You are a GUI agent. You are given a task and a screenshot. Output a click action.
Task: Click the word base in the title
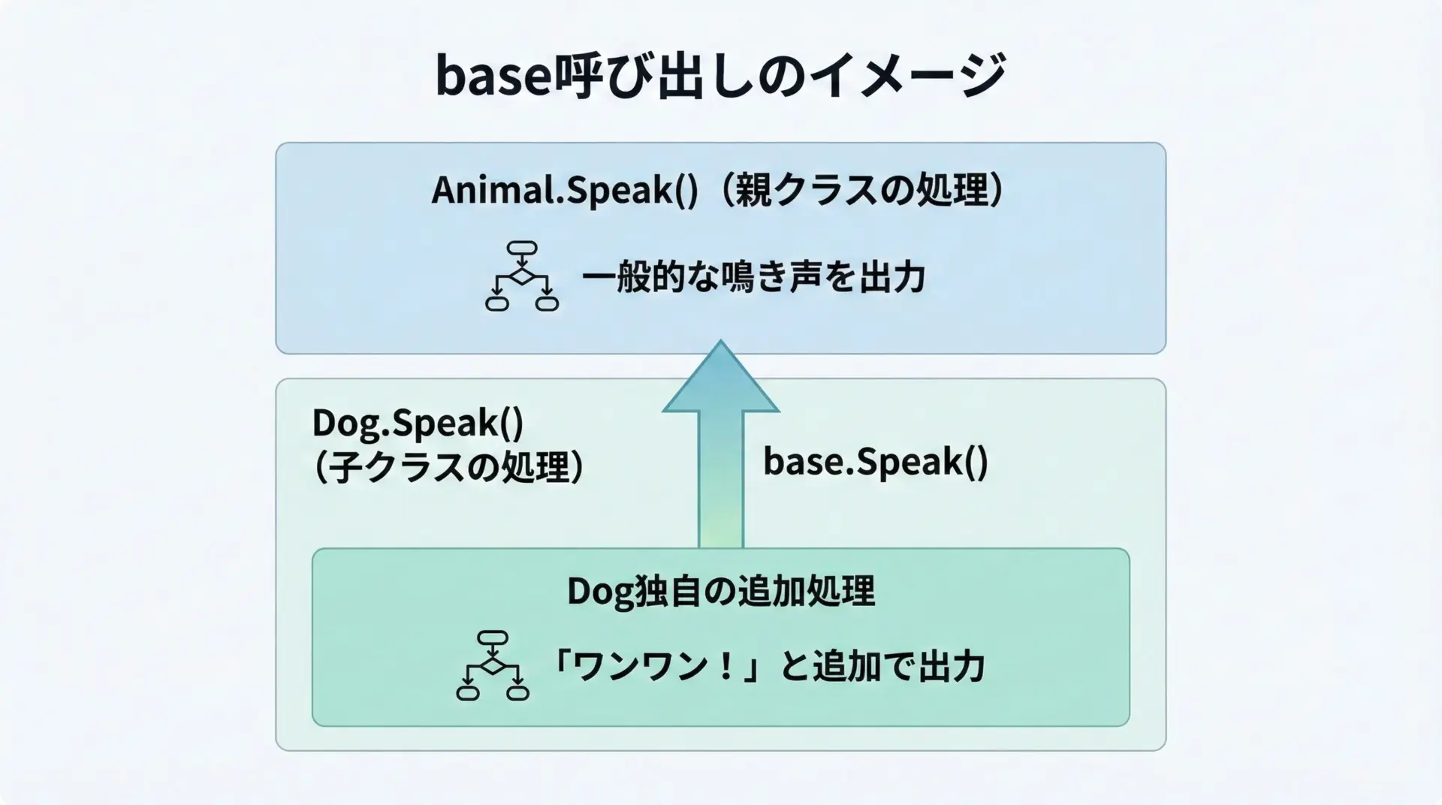pyautogui.click(x=493, y=76)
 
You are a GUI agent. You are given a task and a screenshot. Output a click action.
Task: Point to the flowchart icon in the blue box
pyautogui.click(x=522, y=276)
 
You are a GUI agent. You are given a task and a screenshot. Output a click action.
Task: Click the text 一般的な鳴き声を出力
pyautogui.click(x=753, y=278)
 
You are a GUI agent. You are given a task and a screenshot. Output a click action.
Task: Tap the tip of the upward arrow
pyautogui.click(x=720, y=340)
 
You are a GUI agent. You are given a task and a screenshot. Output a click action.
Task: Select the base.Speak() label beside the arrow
pyautogui.click(x=876, y=461)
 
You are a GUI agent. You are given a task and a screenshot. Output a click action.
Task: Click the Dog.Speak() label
pyautogui.click(x=418, y=423)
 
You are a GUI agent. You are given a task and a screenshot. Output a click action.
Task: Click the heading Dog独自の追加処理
pyautogui.click(x=721, y=591)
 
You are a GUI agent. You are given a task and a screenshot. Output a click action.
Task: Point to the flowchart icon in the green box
pyautogui.click(x=493, y=665)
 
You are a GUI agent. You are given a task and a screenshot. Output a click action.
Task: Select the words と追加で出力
pyautogui.click(x=882, y=667)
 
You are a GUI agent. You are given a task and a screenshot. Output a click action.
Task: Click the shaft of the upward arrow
pyautogui.click(x=721, y=479)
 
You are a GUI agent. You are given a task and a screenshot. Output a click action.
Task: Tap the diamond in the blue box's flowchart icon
pyautogui.click(x=522, y=276)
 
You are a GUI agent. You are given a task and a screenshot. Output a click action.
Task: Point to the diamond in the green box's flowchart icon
pyautogui.click(x=493, y=665)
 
